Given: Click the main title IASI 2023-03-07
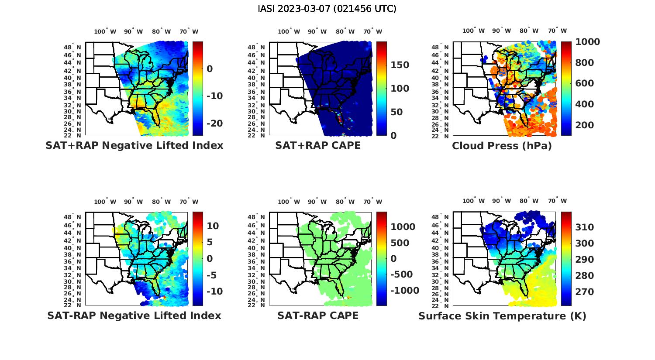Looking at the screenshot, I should point(327,8).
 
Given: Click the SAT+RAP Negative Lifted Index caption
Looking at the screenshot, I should point(134,145).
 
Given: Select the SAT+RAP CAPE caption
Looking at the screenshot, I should point(318,145).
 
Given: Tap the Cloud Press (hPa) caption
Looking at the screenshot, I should point(502,146).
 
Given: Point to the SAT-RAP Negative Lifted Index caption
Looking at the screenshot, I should point(134,315).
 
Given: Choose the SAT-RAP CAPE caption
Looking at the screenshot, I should point(318,315).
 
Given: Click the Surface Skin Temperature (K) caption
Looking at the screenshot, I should point(502,316).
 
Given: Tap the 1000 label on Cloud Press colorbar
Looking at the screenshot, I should point(587,42).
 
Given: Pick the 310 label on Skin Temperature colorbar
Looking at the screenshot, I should point(584,227).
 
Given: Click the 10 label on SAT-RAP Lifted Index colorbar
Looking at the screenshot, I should point(213,226).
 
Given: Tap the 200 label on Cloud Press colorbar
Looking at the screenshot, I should point(584,125).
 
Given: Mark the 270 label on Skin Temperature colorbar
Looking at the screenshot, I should point(584,291).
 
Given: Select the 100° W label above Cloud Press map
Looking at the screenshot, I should point(473,31).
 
